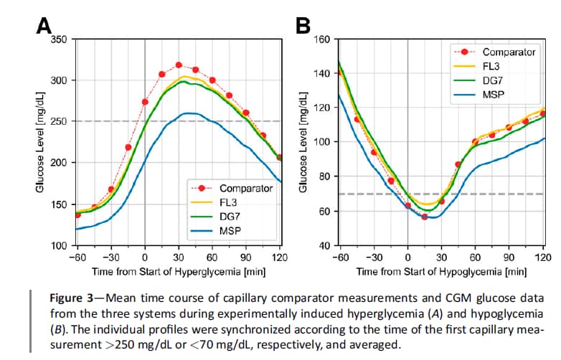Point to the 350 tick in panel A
[60, 39]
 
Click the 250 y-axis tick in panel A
[60, 121]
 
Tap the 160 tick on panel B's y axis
[323, 39]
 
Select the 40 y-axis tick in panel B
[326, 246]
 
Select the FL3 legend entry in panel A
[229, 202]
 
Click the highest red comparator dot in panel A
[179, 65]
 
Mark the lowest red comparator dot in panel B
[425, 217]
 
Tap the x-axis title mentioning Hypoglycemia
[441, 273]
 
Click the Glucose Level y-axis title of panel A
[42, 143]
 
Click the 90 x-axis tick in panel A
[245, 257]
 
